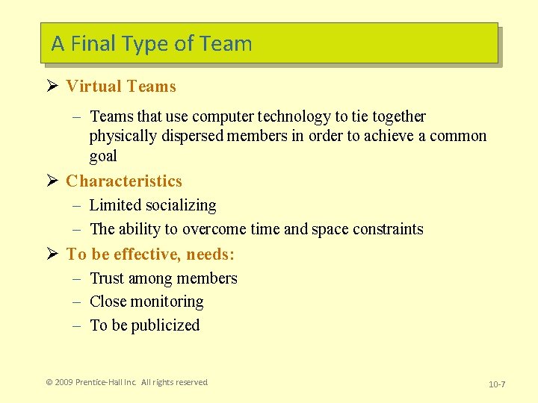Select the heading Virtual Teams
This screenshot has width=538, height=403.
(x=121, y=87)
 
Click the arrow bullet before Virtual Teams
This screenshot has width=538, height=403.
(x=52, y=86)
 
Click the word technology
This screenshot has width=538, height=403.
(x=294, y=116)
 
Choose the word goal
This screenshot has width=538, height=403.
(x=103, y=156)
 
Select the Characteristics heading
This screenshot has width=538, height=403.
(x=124, y=181)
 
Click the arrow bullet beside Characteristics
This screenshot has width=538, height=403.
(x=52, y=181)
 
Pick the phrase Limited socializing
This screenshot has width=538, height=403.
(x=152, y=205)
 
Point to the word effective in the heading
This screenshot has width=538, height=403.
(x=146, y=254)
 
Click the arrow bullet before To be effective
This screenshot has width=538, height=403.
(x=52, y=254)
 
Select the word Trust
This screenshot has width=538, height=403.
(x=107, y=278)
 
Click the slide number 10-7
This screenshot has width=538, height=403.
(x=497, y=384)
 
